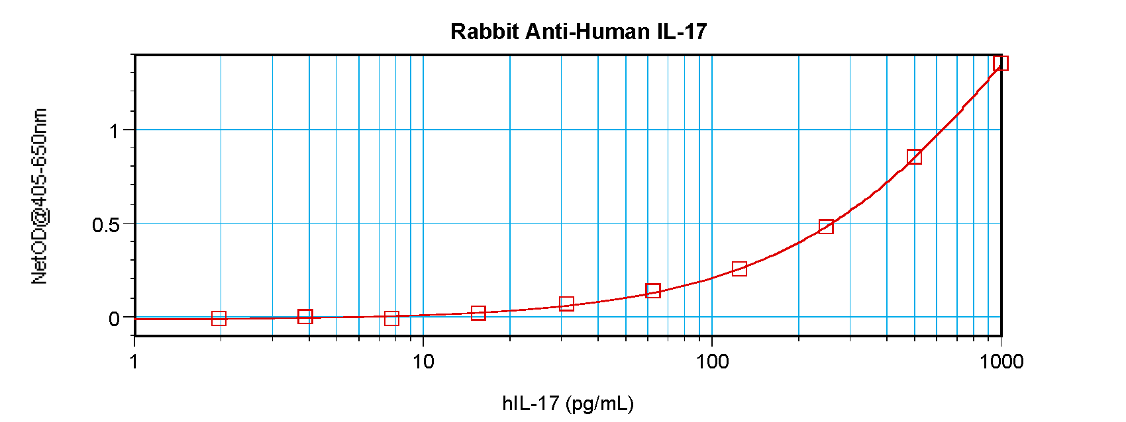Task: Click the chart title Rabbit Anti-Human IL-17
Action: (x=578, y=31)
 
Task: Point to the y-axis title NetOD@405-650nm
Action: (x=39, y=196)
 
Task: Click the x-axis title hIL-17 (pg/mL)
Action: (x=568, y=403)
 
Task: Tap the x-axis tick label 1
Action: (x=134, y=361)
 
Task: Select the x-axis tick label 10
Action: (x=423, y=361)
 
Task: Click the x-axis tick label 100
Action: (x=711, y=361)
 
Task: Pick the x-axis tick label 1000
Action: (x=1000, y=361)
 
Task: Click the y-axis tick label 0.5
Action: (x=106, y=225)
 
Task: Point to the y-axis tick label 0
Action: (x=114, y=319)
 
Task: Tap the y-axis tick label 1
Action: (x=115, y=131)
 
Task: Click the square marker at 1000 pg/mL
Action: (x=1000, y=63)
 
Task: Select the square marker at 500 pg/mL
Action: (x=914, y=157)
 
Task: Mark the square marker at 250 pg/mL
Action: (x=826, y=227)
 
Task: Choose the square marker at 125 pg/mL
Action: (x=739, y=269)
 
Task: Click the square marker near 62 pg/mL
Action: (x=652, y=290)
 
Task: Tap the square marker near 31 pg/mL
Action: (x=566, y=304)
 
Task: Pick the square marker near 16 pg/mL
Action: (x=478, y=313)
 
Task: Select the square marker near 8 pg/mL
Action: (x=391, y=319)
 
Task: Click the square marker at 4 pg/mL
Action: (x=305, y=316)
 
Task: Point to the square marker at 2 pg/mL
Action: (x=219, y=319)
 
